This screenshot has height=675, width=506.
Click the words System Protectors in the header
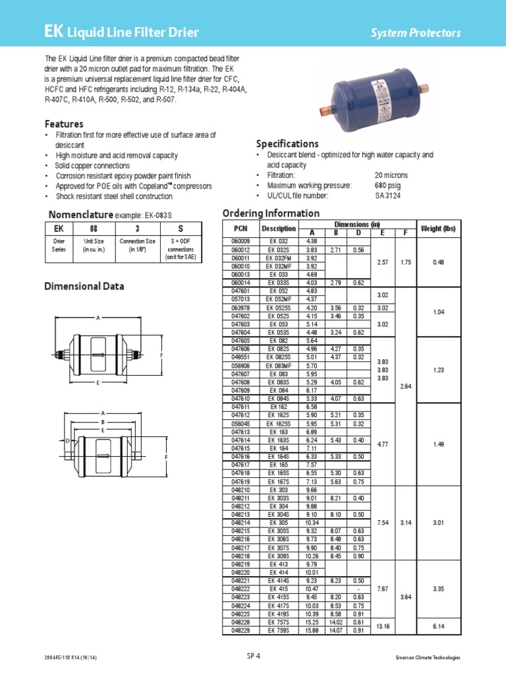click(x=424, y=33)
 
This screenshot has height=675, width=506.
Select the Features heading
click(x=64, y=124)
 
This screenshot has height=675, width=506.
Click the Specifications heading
click(x=287, y=144)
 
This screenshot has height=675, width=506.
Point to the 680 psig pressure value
click(x=388, y=185)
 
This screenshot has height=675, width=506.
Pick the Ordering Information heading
click(x=271, y=213)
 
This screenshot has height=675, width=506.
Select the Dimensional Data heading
click(x=84, y=286)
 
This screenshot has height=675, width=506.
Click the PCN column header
click(x=238, y=228)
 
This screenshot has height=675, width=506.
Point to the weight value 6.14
click(x=438, y=626)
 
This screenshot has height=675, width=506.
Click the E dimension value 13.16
click(x=382, y=626)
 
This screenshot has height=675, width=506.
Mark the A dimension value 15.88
click(x=312, y=631)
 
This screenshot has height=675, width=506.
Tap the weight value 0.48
click(x=438, y=262)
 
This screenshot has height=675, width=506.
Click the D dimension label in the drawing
click(x=67, y=440)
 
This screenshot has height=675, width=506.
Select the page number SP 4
click(x=254, y=656)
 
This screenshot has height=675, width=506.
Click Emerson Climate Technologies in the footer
click(x=428, y=657)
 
